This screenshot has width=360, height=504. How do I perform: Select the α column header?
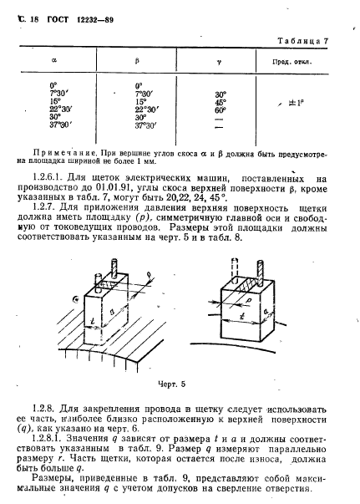point(54,60)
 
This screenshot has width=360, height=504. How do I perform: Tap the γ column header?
point(221,60)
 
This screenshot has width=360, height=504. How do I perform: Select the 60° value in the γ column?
point(221,109)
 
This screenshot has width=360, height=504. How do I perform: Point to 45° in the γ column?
point(221,102)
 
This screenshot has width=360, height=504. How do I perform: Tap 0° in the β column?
point(138,86)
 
